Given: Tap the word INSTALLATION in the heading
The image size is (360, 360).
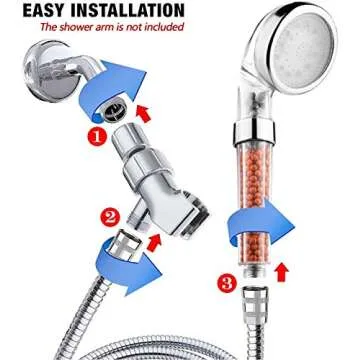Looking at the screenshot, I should pos(121,11).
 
